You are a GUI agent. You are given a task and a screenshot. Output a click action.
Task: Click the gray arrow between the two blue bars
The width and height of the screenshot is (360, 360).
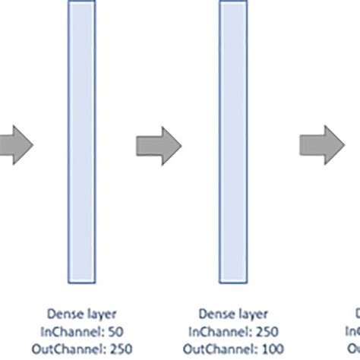pos(159,142)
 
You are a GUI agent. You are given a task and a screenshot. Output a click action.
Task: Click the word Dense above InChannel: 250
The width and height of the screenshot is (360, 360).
pos(215,312)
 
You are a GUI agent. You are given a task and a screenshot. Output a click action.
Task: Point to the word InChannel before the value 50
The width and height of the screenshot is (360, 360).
pos(74,330)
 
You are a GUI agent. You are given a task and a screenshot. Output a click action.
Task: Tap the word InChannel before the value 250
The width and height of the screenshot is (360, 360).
pos(223,330)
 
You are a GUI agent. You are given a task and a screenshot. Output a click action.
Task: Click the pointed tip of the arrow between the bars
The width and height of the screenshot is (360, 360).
pos(181,142)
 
